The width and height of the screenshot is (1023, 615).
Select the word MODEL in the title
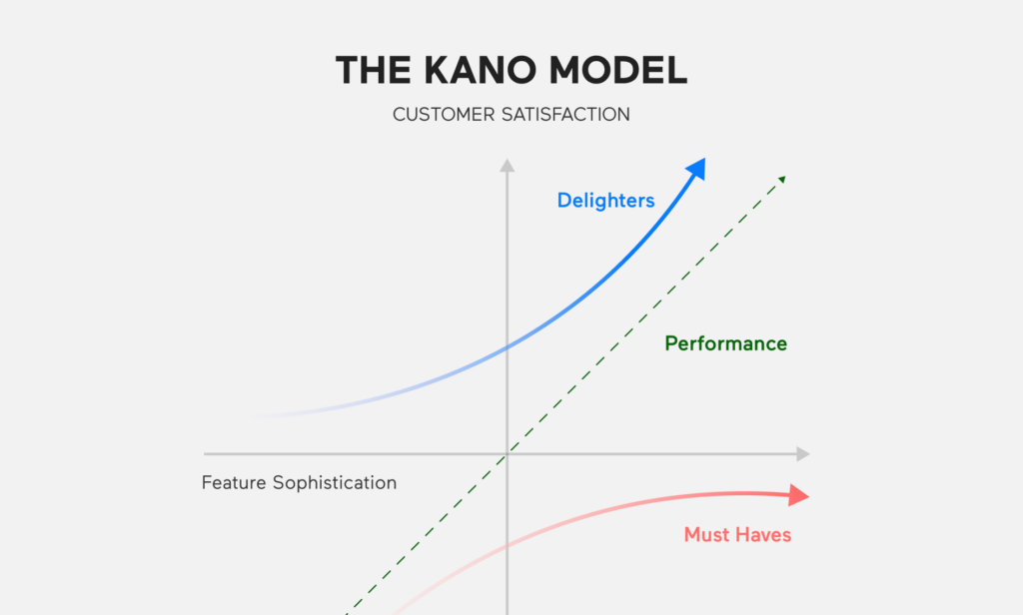point(617,71)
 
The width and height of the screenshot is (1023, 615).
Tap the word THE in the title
point(374,71)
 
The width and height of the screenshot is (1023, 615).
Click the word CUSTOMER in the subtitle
point(444,115)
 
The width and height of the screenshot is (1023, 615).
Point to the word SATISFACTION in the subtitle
point(566,115)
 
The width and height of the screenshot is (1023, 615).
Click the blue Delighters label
point(605,201)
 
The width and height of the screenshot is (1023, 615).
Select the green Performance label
point(725,343)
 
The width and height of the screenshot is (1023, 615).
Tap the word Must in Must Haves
point(705,535)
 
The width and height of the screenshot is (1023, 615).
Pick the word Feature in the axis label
point(234,482)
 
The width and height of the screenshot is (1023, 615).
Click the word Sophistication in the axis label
point(335,483)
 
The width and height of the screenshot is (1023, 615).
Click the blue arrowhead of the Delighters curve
point(696,169)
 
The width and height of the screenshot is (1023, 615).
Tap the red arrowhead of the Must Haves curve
point(799,495)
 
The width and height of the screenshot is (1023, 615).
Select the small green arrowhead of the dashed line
point(782,180)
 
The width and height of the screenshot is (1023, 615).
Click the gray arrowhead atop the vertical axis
point(507,166)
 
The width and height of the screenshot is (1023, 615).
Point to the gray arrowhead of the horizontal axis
point(803,454)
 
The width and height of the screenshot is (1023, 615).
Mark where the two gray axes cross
point(507,454)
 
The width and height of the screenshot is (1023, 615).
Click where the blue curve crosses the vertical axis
point(507,347)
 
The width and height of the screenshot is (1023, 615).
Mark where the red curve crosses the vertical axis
point(507,546)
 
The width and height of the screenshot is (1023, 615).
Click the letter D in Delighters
point(564,201)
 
